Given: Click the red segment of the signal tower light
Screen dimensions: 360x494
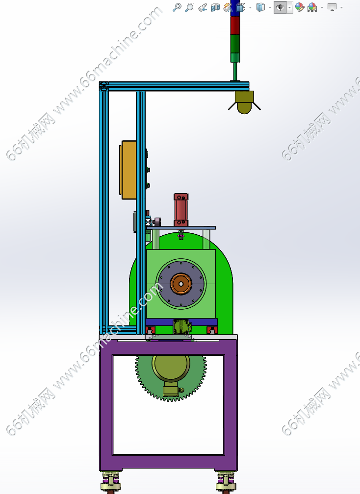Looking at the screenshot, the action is [x=235, y=25].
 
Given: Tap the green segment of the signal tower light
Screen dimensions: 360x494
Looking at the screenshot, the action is [x=235, y=44].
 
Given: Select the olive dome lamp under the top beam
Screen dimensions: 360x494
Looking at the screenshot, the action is [x=244, y=102].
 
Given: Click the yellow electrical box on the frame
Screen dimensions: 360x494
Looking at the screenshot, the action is [x=129, y=170].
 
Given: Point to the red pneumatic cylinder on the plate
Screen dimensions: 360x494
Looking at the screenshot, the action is [x=181, y=210].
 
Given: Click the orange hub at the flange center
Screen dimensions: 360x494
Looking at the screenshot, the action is [x=181, y=284].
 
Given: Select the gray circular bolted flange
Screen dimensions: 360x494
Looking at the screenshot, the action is [x=181, y=284].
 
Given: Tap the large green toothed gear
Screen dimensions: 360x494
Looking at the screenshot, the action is [x=171, y=378].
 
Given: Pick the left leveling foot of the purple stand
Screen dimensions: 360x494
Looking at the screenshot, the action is [x=111, y=482].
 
